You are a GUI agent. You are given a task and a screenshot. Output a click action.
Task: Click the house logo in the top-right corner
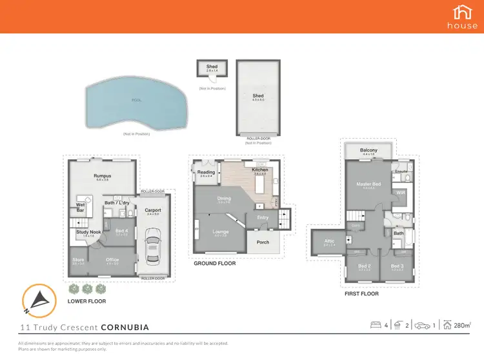pyautogui.click(x=462, y=16)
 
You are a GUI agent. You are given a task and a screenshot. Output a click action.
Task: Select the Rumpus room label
pyautogui.click(x=103, y=176)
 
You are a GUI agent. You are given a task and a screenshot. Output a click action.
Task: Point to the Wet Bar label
pyautogui.click(x=81, y=208)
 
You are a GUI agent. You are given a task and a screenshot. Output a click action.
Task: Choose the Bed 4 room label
pyautogui.click(x=121, y=230)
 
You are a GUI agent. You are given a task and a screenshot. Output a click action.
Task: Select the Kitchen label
pyautogui.click(x=260, y=170)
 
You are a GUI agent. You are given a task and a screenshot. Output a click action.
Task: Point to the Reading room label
pyautogui.click(x=207, y=172)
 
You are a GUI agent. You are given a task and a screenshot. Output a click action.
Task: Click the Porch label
pyautogui.click(x=263, y=242)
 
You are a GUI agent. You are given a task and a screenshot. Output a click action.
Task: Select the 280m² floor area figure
pyautogui.click(x=461, y=326)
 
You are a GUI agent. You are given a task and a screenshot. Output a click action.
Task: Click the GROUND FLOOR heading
pyautogui.click(x=214, y=263)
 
